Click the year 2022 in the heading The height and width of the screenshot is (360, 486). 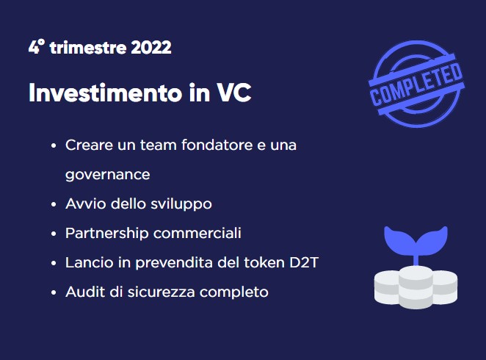point(151,48)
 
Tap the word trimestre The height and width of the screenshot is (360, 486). point(88,48)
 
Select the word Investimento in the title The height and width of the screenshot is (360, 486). point(106,93)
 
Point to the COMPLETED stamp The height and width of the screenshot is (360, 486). point(416,84)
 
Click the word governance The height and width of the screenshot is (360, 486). point(108,175)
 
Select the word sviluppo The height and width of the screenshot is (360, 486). point(181,204)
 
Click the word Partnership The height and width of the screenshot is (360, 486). point(107,234)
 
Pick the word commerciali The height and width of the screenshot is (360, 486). point(197,233)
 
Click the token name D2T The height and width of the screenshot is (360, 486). point(304,262)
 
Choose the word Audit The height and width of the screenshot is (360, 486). point(85,292)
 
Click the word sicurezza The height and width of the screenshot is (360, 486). point(162,292)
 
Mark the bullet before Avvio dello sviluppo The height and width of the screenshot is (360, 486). point(54,205)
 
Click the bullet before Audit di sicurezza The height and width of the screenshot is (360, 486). point(54,292)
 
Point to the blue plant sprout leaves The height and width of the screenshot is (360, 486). point(416,240)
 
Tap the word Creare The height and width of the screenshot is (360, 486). point(90,145)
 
